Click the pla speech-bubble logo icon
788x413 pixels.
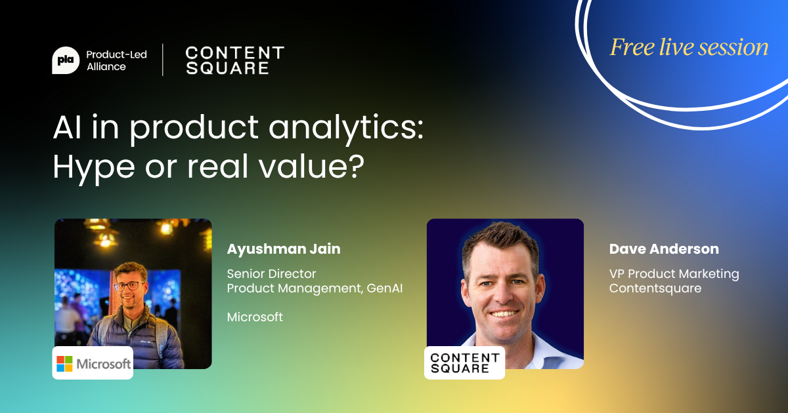click(66, 60)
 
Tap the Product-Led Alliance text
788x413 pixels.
click(116, 60)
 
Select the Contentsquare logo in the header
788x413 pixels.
click(234, 60)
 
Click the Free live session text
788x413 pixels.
click(689, 47)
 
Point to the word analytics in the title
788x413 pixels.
click(346, 128)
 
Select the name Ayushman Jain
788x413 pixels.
click(284, 249)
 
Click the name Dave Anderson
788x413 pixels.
click(664, 249)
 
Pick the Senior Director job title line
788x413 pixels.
click(271, 273)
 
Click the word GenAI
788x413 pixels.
click(385, 288)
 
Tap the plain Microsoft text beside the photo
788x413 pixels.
click(255, 317)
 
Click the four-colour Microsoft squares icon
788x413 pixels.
click(64, 364)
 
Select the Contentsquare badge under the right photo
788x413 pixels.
click(465, 363)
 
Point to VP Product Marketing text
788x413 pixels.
click(674, 273)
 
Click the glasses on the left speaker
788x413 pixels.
click(129, 286)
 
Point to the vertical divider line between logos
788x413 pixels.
click(163, 60)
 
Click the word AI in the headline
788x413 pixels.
click(67, 127)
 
